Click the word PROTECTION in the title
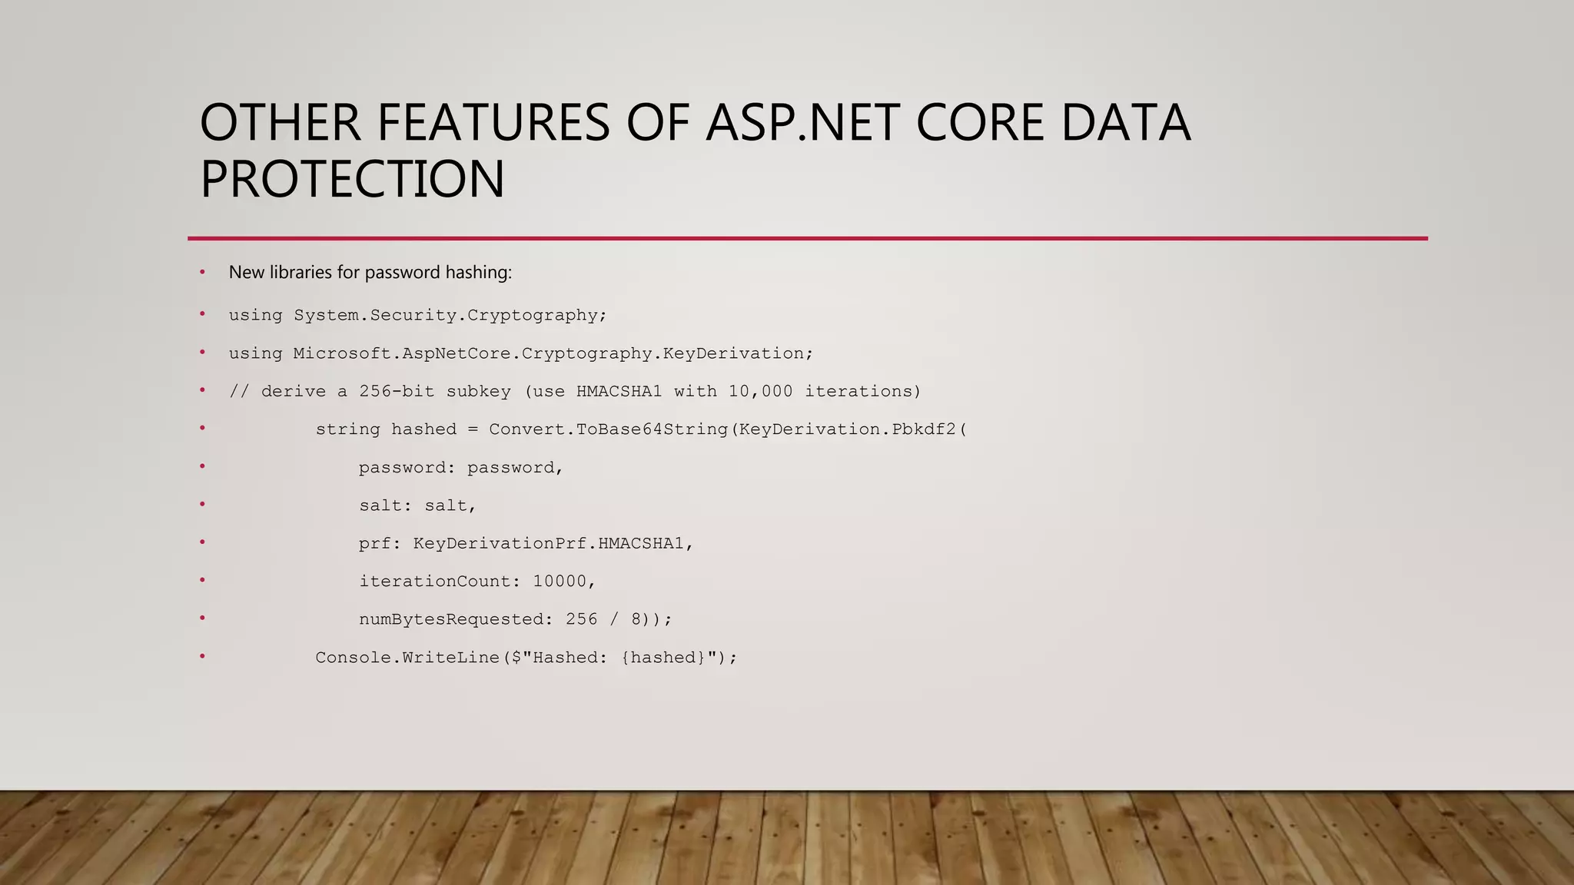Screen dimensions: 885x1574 [x=352, y=179]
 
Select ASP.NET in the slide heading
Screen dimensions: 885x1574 [x=802, y=123]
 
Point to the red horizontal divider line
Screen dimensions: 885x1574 [x=807, y=238]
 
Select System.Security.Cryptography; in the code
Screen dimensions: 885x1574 [x=450, y=315]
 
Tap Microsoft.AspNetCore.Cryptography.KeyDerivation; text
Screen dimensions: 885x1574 [x=553, y=353]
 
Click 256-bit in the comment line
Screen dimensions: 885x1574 [x=397, y=391]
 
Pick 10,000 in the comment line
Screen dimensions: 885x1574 [x=760, y=391]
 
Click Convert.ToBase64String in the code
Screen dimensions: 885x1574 [x=608, y=429]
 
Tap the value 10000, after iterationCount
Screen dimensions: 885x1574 [x=564, y=582]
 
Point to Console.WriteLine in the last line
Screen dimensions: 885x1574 [x=407, y=658]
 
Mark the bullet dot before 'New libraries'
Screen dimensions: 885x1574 [x=202, y=272]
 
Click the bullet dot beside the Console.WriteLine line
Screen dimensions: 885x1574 [x=202, y=656]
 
